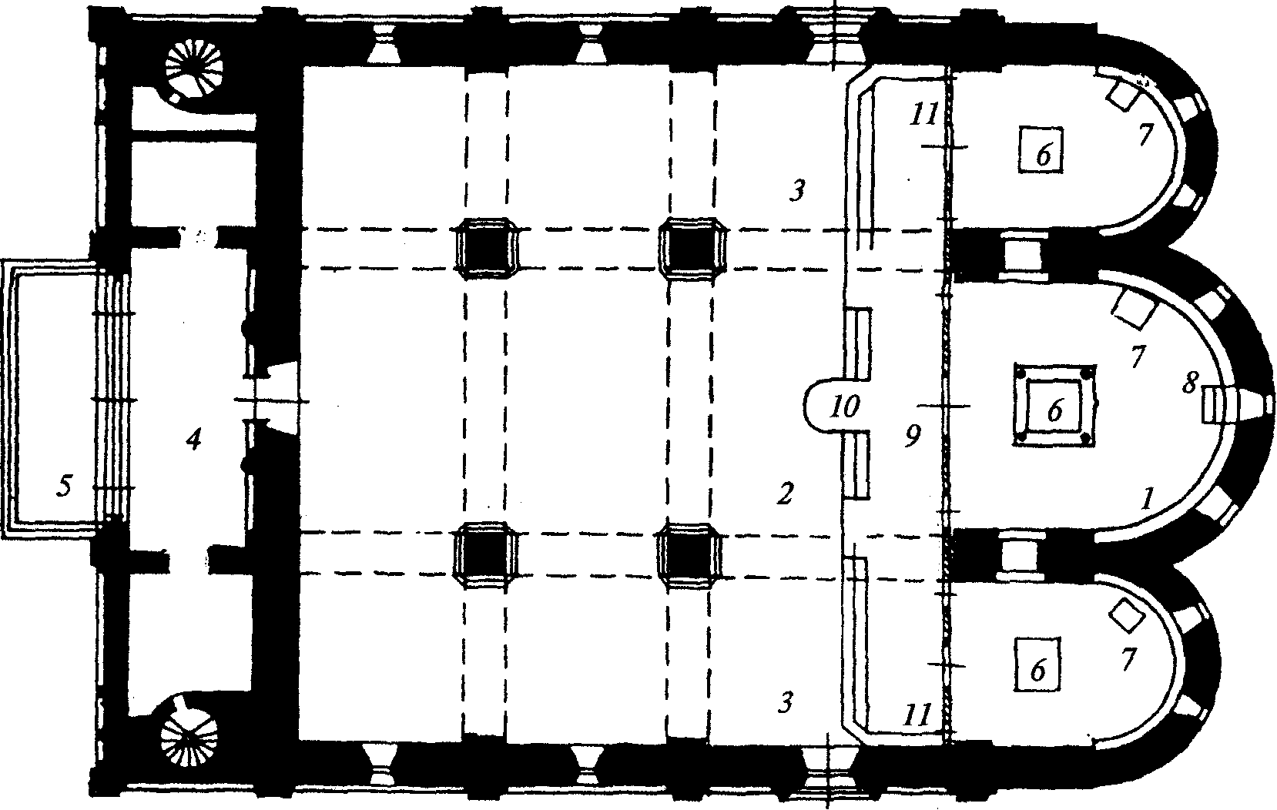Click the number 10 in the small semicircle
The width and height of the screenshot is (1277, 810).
(844, 407)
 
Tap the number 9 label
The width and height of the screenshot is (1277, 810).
(913, 436)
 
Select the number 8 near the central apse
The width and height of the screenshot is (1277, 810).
(1189, 383)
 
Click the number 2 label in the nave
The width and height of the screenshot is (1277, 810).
(785, 494)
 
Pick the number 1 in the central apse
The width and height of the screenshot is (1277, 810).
(1147, 498)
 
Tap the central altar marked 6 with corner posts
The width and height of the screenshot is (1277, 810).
(1054, 405)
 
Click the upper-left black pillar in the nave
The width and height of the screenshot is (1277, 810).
(486, 248)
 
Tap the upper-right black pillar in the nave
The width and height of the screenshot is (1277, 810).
(692, 248)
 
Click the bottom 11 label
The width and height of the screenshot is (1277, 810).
(917, 715)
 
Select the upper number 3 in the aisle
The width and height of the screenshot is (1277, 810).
(796, 190)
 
